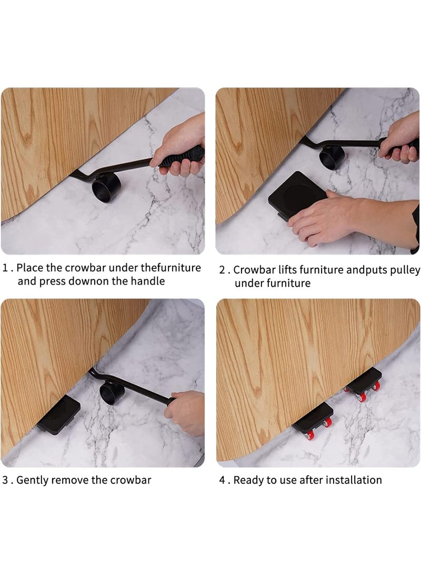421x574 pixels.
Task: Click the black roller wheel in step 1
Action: point(106,187)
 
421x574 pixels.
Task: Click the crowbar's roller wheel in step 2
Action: point(332,157)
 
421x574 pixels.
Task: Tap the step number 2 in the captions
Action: point(222,270)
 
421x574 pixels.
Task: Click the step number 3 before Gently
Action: point(5,480)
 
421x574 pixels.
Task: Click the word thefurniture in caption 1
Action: point(171,268)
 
